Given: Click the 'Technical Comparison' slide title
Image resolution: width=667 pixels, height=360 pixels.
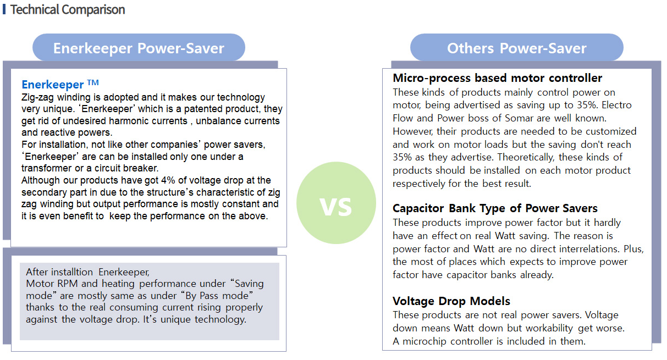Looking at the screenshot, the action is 68,9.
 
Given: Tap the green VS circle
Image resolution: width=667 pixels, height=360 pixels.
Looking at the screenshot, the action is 336,203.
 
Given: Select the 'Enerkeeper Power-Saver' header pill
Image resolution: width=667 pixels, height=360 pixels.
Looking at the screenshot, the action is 139,48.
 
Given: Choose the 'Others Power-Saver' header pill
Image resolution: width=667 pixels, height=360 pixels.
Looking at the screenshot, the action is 517,48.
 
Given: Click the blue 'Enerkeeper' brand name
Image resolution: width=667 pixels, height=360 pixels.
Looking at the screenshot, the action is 52,85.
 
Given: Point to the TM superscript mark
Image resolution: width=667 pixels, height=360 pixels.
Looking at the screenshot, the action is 93,82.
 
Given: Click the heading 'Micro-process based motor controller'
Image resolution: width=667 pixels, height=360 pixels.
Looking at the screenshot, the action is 497,78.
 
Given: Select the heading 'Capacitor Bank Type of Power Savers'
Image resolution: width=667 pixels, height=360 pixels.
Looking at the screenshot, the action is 495,208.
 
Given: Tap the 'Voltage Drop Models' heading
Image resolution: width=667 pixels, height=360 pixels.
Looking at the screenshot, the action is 451,301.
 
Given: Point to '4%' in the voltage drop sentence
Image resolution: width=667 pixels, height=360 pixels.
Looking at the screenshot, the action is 168,180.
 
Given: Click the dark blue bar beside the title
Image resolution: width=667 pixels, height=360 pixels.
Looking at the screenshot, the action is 4,9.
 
